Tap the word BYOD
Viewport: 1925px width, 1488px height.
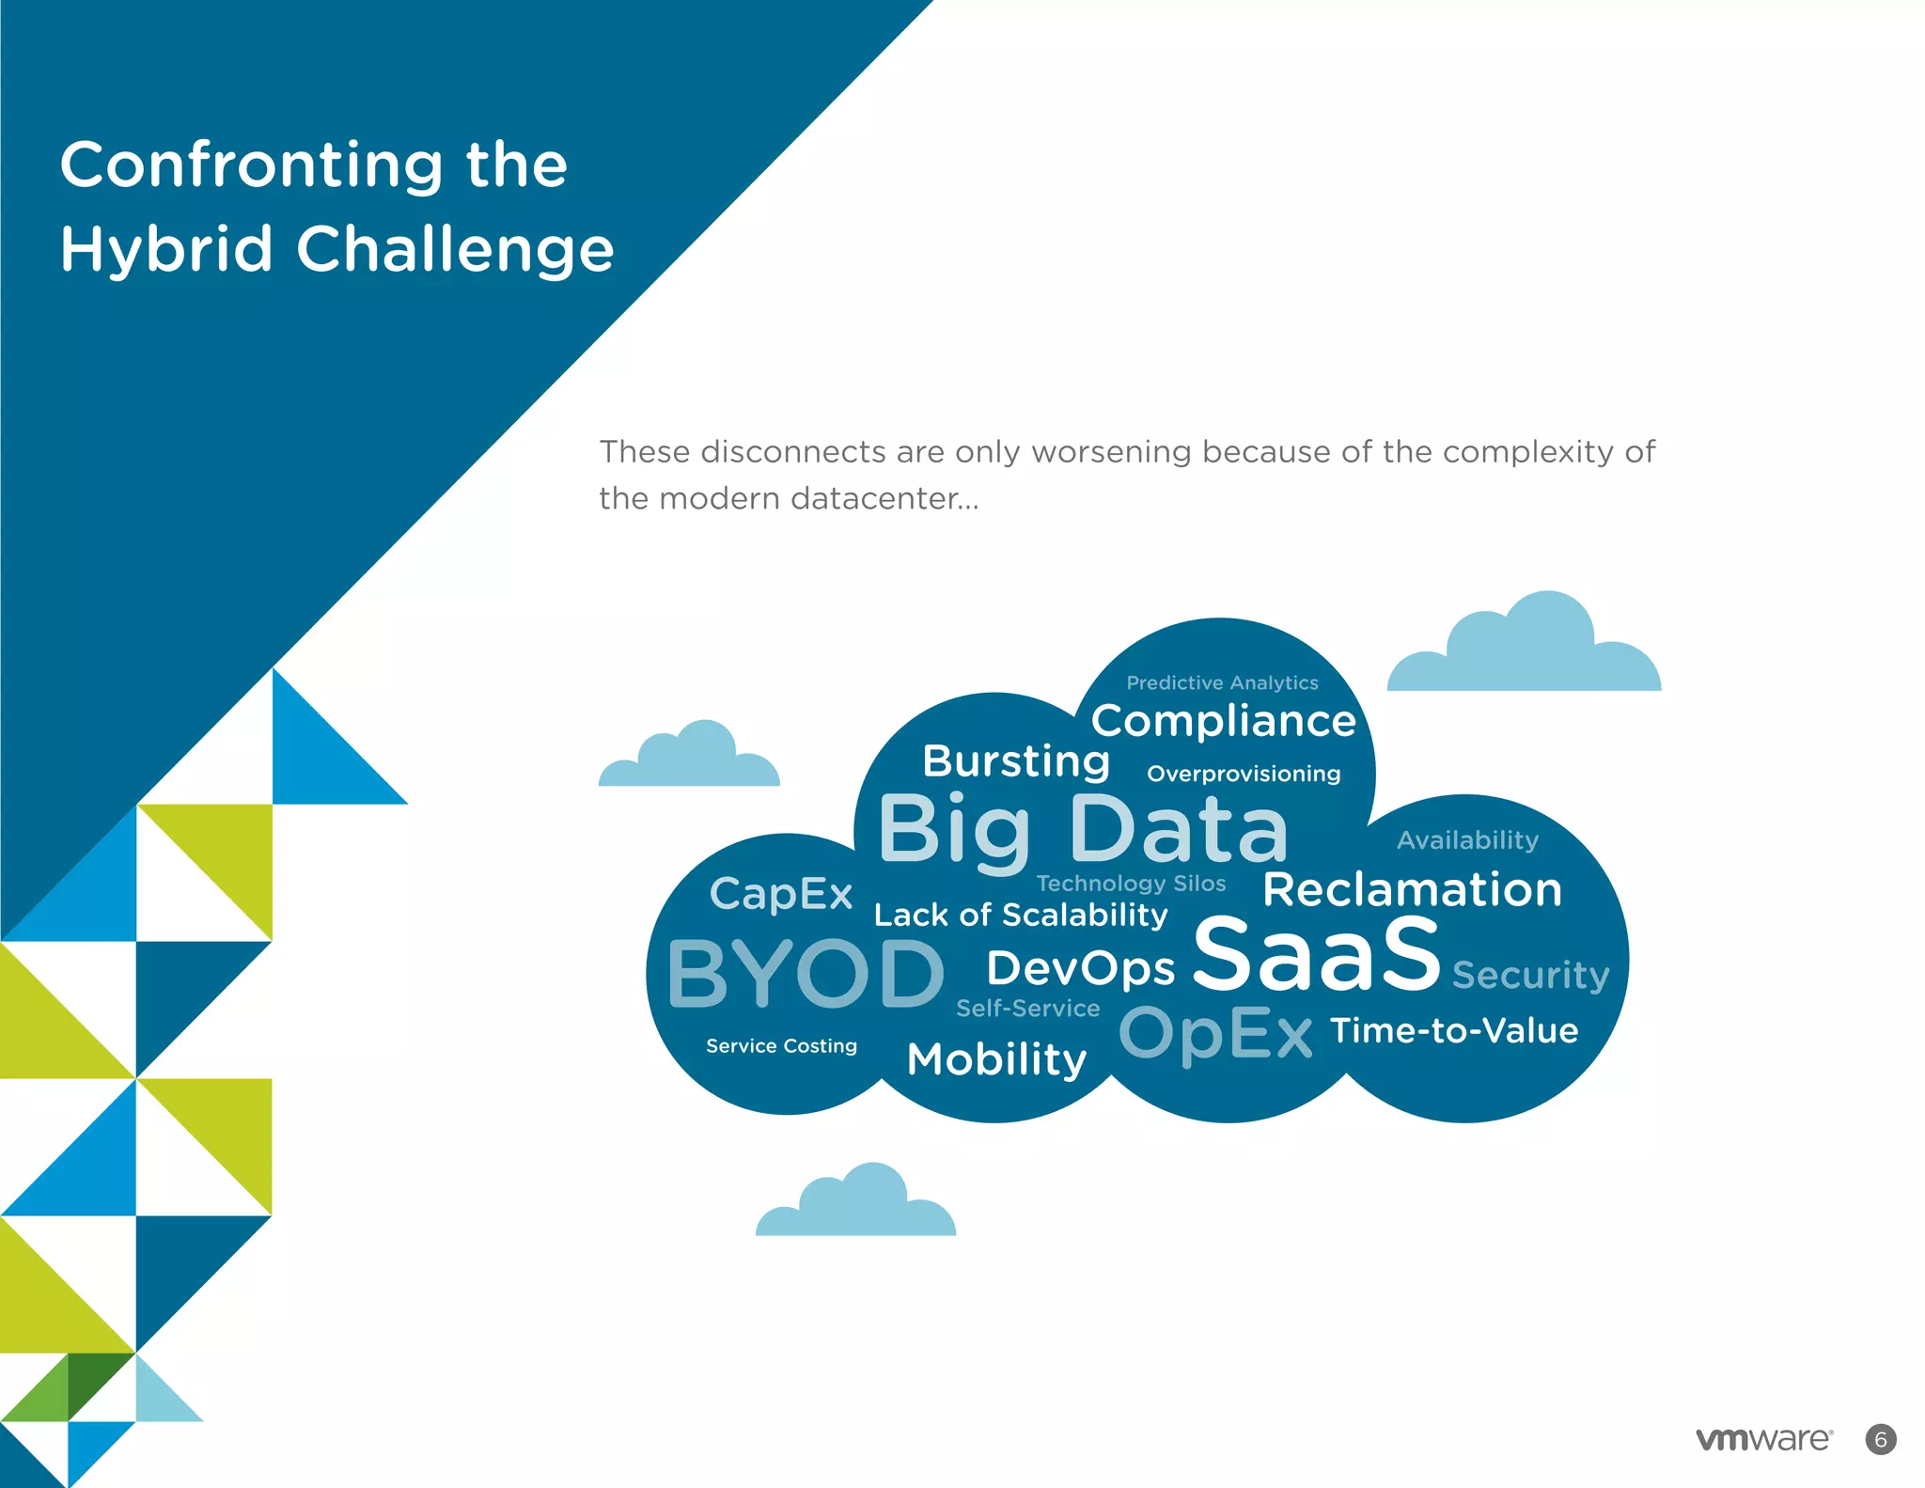tap(806, 974)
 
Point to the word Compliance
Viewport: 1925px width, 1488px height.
tap(1223, 721)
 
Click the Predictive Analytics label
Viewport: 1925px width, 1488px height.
tap(1222, 683)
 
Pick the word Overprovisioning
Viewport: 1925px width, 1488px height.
tap(1243, 774)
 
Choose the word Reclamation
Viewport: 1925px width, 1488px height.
tap(1412, 889)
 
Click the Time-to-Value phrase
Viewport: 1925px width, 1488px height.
tap(1453, 1030)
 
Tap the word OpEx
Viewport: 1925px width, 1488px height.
tap(1214, 1035)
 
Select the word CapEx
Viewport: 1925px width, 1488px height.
tap(780, 894)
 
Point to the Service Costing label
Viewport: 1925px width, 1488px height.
tap(781, 1045)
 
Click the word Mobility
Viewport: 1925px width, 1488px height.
tap(996, 1059)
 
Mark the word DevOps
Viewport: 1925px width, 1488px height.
tap(1080, 969)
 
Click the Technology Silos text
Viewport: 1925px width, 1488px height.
tap(1131, 884)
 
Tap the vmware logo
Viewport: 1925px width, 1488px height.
tap(1763, 1439)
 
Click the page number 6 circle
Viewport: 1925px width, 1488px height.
tap(1880, 1439)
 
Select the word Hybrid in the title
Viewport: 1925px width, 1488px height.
tap(165, 250)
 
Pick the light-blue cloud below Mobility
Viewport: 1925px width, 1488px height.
tap(856, 1205)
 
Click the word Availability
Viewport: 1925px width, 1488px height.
tap(1467, 839)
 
